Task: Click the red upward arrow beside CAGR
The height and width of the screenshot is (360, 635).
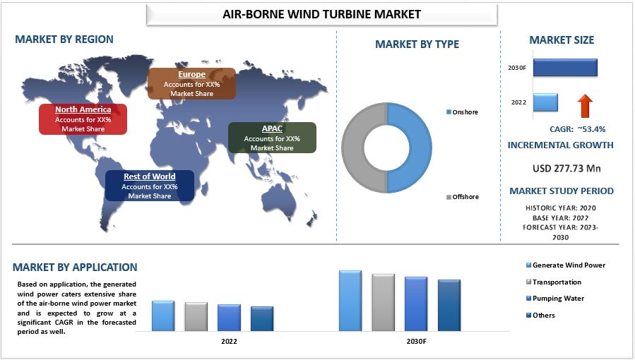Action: [x=585, y=106]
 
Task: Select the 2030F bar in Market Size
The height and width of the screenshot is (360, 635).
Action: [x=565, y=68]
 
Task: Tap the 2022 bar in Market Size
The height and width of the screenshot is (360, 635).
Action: [x=545, y=102]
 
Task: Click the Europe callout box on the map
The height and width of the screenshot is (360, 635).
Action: [x=191, y=84]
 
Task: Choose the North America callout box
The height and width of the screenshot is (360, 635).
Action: [x=83, y=119]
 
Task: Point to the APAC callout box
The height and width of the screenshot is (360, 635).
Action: [x=272, y=138]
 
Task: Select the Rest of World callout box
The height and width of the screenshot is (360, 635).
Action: [x=150, y=186]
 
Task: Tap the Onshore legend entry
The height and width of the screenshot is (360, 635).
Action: [x=462, y=112]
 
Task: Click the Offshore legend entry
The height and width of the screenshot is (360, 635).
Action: [x=463, y=197]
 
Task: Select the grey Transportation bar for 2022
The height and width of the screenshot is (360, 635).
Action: [x=196, y=317]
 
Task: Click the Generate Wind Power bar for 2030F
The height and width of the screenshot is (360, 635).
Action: [x=350, y=301]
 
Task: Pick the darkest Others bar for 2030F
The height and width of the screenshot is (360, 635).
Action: [x=449, y=306]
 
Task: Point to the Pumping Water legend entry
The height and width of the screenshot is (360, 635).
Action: [x=554, y=299]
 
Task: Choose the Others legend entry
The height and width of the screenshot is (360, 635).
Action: [x=540, y=315]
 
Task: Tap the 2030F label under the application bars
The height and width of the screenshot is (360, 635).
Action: [x=416, y=342]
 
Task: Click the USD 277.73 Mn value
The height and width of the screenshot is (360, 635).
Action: [x=566, y=168]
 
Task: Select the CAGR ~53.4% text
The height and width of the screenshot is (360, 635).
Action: [x=578, y=129]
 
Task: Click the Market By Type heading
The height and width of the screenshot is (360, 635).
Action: [x=417, y=44]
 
